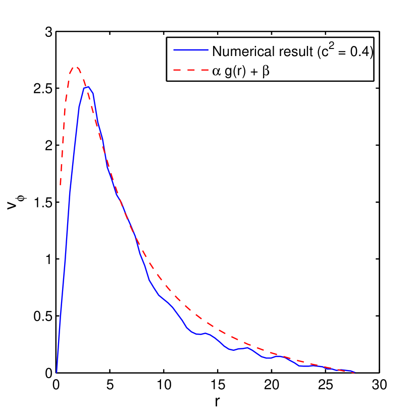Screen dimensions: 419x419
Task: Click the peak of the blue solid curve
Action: [87, 87]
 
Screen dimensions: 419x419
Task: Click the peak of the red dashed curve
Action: [76, 67]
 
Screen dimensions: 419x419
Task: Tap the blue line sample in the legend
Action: [190, 50]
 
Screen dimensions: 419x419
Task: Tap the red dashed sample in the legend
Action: [190, 72]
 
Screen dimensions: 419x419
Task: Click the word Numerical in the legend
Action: [241, 51]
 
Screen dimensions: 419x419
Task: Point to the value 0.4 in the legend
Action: [359, 51]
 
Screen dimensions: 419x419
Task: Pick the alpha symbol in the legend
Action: [216, 73]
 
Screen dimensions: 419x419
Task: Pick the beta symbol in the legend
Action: [266, 73]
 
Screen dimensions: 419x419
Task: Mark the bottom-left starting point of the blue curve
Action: [57, 373]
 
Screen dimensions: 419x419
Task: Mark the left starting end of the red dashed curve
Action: [61, 185]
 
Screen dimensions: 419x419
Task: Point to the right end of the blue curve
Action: [354, 373]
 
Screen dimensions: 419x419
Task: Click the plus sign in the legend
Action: [253, 73]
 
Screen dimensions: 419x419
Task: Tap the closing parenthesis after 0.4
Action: [371, 52]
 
